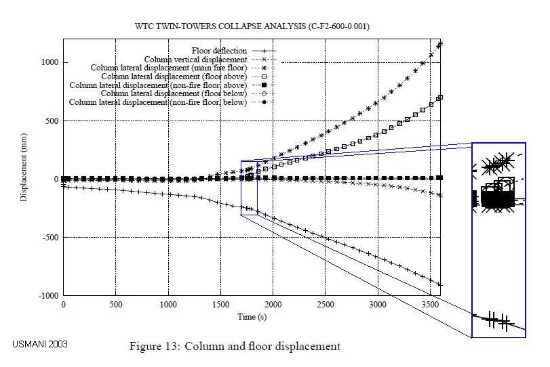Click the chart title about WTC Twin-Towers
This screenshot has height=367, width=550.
tap(252, 26)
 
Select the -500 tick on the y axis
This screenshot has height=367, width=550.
tap(49, 238)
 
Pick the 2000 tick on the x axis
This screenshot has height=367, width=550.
tap(273, 305)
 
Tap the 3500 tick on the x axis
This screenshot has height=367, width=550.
tap(431, 305)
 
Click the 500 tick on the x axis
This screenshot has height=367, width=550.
tap(115, 305)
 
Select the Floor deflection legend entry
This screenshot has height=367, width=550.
tap(220, 51)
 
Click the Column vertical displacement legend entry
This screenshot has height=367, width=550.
tap(196, 60)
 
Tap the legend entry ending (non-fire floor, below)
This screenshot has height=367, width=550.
tap(158, 102)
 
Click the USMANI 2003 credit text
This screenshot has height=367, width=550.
tap(40, 344)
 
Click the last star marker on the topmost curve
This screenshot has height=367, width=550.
tap(441, 44)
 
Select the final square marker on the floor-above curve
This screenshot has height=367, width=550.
tap(441, 98)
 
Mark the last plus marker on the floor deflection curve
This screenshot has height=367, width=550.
tap(440, 285)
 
